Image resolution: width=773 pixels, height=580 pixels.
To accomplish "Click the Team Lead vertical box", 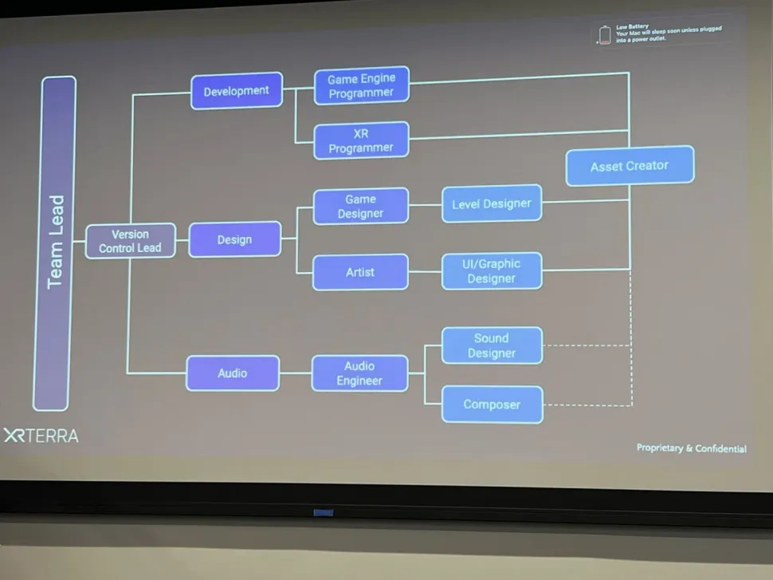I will [54, 243].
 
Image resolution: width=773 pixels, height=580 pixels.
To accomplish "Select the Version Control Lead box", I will [130, 241].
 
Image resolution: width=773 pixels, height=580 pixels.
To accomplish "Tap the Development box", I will [237, 91].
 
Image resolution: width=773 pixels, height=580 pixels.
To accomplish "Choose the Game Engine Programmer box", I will [361, 85].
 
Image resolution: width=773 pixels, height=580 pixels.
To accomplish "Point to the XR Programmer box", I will [361, 140].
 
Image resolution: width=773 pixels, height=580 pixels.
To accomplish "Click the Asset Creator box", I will [630, 166].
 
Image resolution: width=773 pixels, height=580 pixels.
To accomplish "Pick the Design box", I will [234, 239].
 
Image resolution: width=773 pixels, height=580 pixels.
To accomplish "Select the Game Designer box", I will [360, 206].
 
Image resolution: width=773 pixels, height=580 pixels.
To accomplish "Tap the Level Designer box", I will [491, 203].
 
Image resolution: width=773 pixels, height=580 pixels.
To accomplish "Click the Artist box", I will [360, 272].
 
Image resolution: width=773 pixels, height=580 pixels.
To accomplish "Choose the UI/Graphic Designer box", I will [491, 271].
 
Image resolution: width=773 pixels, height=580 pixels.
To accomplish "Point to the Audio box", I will [233, 373].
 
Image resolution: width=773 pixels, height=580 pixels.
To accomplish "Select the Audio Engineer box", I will [359, 373].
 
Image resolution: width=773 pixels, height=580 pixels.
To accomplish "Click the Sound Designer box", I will [491, 345].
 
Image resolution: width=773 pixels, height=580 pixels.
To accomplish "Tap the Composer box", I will [491, 404].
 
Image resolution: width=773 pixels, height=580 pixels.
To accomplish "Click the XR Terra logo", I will [41, 436].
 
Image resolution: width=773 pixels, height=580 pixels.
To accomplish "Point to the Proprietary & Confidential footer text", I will [691, 448].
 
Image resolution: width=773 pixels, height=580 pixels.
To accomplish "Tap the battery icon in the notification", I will [605, 35].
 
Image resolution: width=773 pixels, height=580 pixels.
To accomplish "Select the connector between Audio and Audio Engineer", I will [296, 373].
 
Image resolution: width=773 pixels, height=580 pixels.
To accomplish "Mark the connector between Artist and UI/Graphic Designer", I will [425, 271].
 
